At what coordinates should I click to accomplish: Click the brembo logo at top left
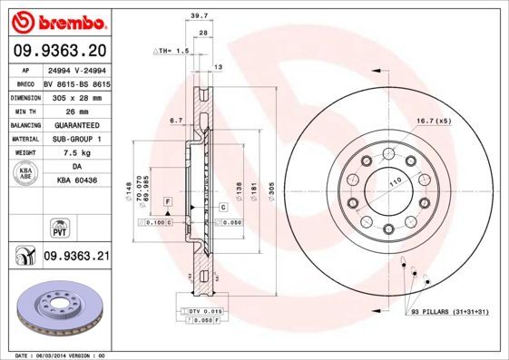coord(59,20)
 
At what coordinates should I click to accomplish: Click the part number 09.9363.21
coord(77,257)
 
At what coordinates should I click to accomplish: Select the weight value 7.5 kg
coord(76,152)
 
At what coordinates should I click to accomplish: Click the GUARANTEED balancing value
coord(76,124)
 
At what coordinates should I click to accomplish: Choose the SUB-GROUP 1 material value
coord(76,139)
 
